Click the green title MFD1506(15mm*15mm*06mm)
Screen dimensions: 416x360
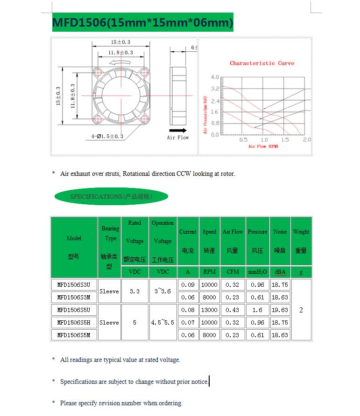click(x=142, y=22)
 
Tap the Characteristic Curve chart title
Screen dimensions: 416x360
click(x=262, y=63)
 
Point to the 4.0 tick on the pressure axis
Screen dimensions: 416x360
click(x=214, y=77)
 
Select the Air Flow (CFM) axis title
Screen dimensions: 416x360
click(x=263, y=146)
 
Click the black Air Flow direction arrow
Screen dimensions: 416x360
click(x=178, y=131)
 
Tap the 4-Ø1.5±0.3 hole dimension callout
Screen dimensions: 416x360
click(x=107, y=136)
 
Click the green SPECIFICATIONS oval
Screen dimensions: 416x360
click(x=111, y=196)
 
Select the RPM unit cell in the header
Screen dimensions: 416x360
click(x=209, y=272)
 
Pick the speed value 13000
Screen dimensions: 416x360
click(x=209, y=310)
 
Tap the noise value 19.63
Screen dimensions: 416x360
click(x=280, y=310)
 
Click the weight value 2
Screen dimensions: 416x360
click(x=301, y=310)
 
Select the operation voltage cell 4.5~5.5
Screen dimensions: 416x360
click(x=162, y=322)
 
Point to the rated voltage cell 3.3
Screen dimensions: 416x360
click(x=134, y=291)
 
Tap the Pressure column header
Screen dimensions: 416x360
click(x=257, y=232)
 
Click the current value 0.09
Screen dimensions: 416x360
click(x=188, y=284)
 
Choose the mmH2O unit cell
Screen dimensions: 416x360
click(x=257, y=272)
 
